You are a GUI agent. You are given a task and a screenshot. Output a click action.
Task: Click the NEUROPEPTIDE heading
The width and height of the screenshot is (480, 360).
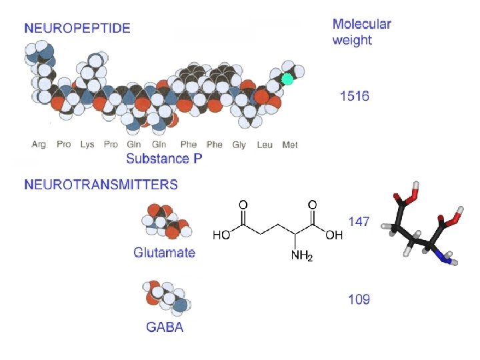click(x=77, y=28)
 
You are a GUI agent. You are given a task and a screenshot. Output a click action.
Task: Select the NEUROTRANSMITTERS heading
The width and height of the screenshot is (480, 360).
click(x=101, y=185)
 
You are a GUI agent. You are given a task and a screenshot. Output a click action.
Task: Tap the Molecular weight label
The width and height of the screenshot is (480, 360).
click(x=362, y=31)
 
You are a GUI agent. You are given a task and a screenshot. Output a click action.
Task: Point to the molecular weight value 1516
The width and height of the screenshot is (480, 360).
click(x=354, y=96)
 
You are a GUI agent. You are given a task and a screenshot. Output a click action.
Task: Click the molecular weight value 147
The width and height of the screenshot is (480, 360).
click(x=359, y=221)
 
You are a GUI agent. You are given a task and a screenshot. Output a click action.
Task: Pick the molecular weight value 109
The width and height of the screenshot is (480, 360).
click(x=359, y=299)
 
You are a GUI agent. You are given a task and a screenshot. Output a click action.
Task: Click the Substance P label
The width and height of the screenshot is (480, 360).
click(x=164, y=159)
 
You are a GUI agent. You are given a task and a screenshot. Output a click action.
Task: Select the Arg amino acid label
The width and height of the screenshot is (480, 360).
click(x=39, y=144)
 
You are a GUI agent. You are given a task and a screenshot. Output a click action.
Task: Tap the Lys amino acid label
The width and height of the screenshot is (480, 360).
click(x=87, y=144)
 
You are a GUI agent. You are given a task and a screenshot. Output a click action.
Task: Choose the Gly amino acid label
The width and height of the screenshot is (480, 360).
click(x=239, y=144)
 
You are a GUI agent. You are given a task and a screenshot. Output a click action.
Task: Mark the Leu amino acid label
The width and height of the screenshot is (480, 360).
click(x=265, y=144)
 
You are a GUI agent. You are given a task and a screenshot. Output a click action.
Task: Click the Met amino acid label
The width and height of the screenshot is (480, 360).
click(x=290, y=144)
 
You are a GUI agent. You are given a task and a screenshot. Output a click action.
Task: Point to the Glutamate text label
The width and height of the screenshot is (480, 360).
click(x=164, y=253)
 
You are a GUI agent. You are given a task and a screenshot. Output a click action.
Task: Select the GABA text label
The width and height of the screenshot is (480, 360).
click(x=165, y=327)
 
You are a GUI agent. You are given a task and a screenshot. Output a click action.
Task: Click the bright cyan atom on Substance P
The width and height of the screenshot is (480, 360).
click(x=287, y=79)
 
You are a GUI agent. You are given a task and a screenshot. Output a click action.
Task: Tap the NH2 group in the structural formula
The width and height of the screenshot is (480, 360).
click(x=299, y=257)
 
